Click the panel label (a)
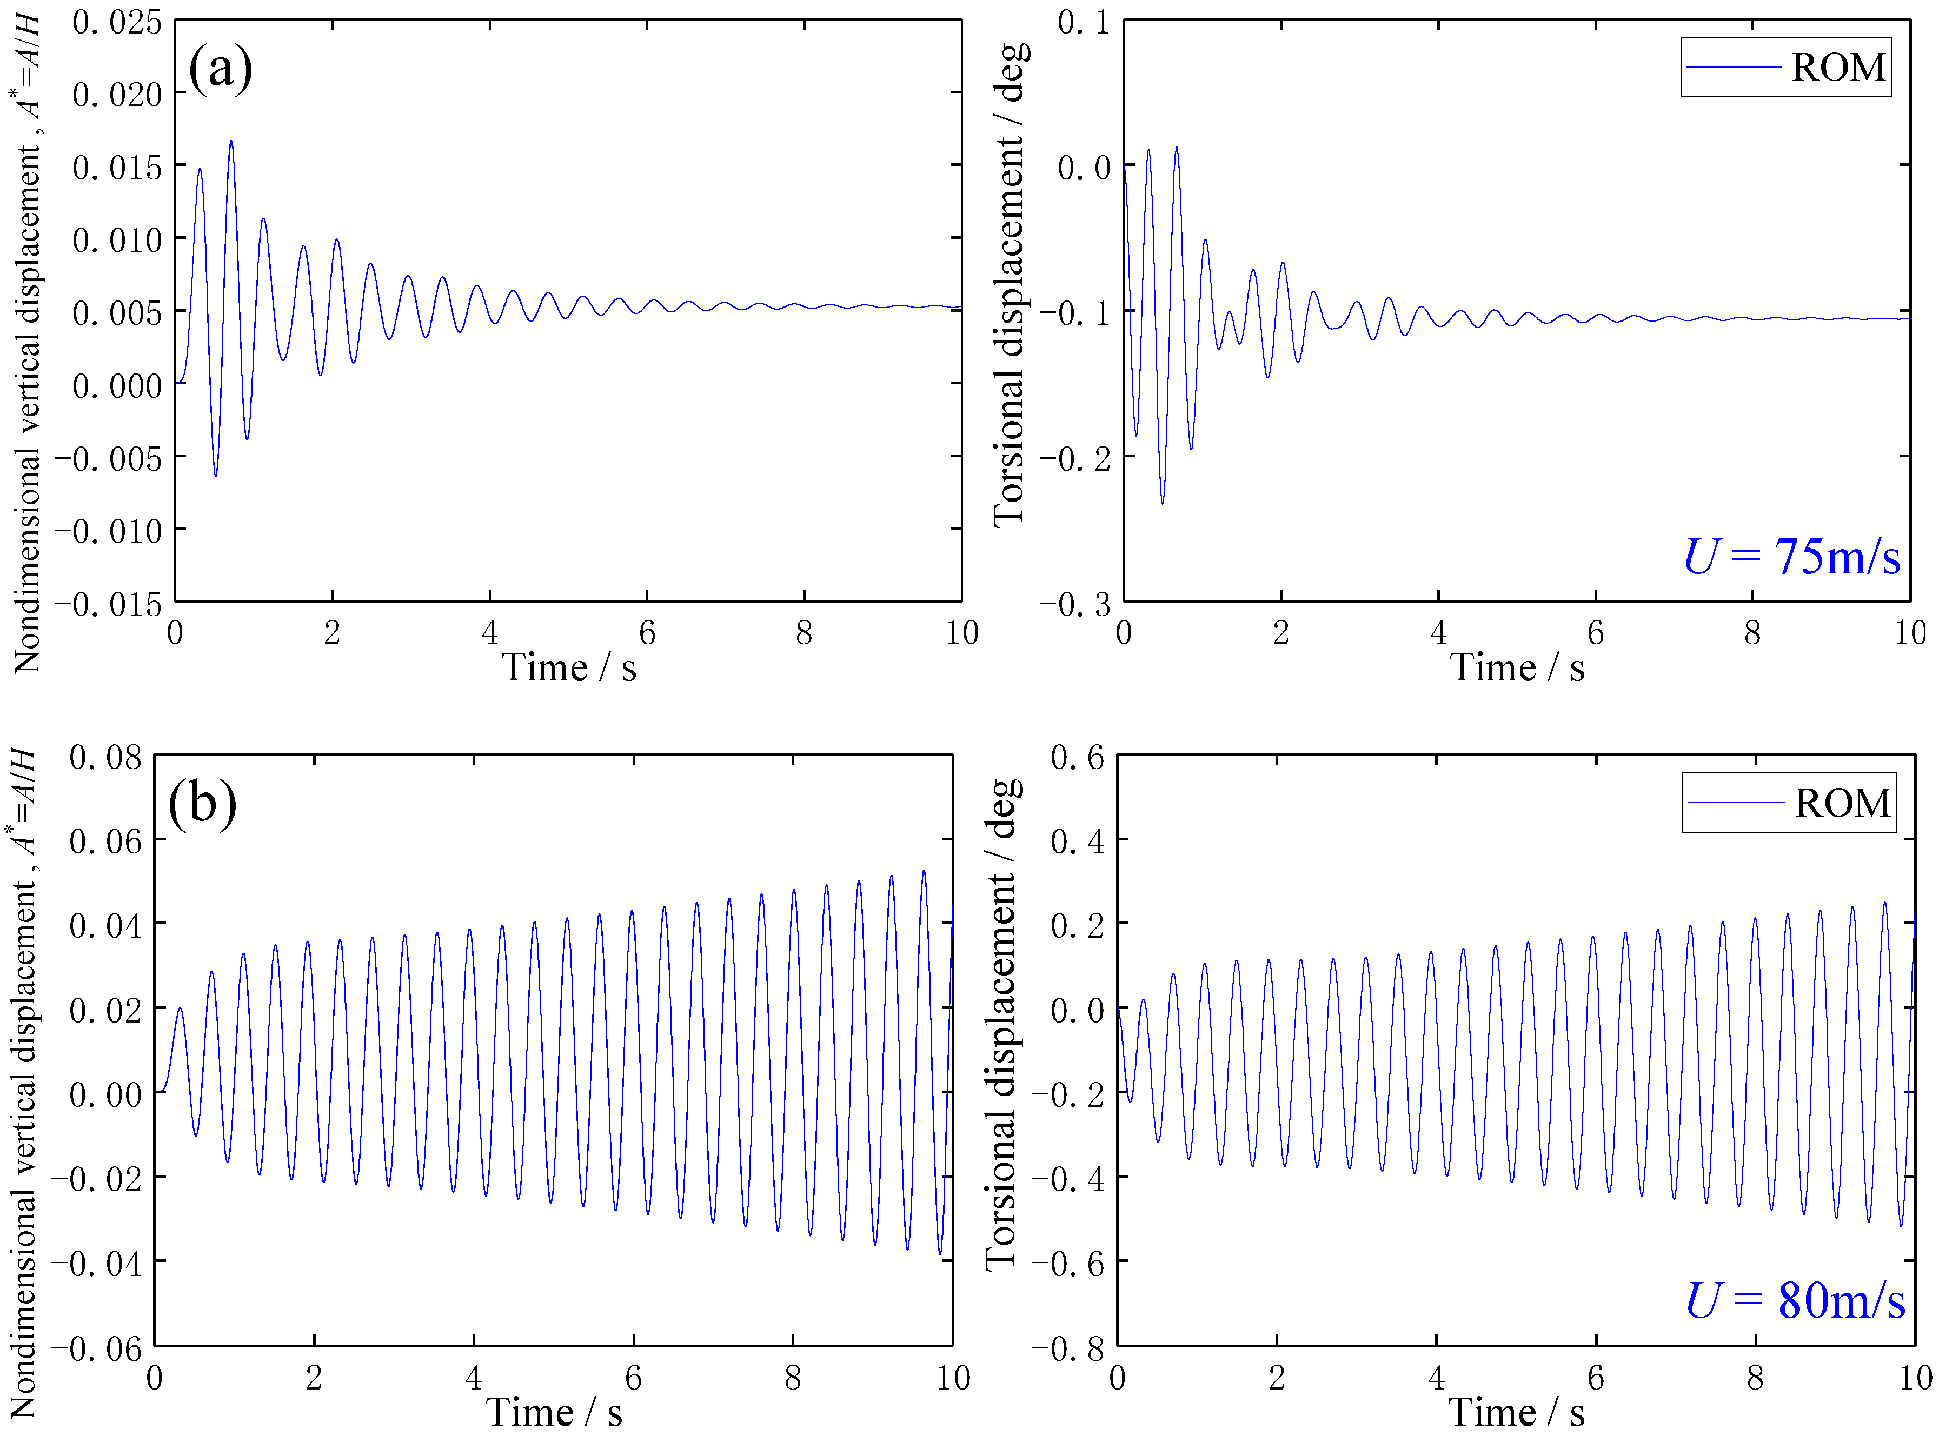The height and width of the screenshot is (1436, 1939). click(220, 67)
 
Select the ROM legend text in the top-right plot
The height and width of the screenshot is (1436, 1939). click(1838, 67)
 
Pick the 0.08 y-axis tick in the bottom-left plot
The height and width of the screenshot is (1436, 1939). click(105, 757)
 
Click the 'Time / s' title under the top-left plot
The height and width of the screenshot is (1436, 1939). click(569, 667)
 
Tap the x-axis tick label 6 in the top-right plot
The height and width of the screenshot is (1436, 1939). click(1596, 633)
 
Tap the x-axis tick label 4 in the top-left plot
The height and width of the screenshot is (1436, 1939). click(489, 633)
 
